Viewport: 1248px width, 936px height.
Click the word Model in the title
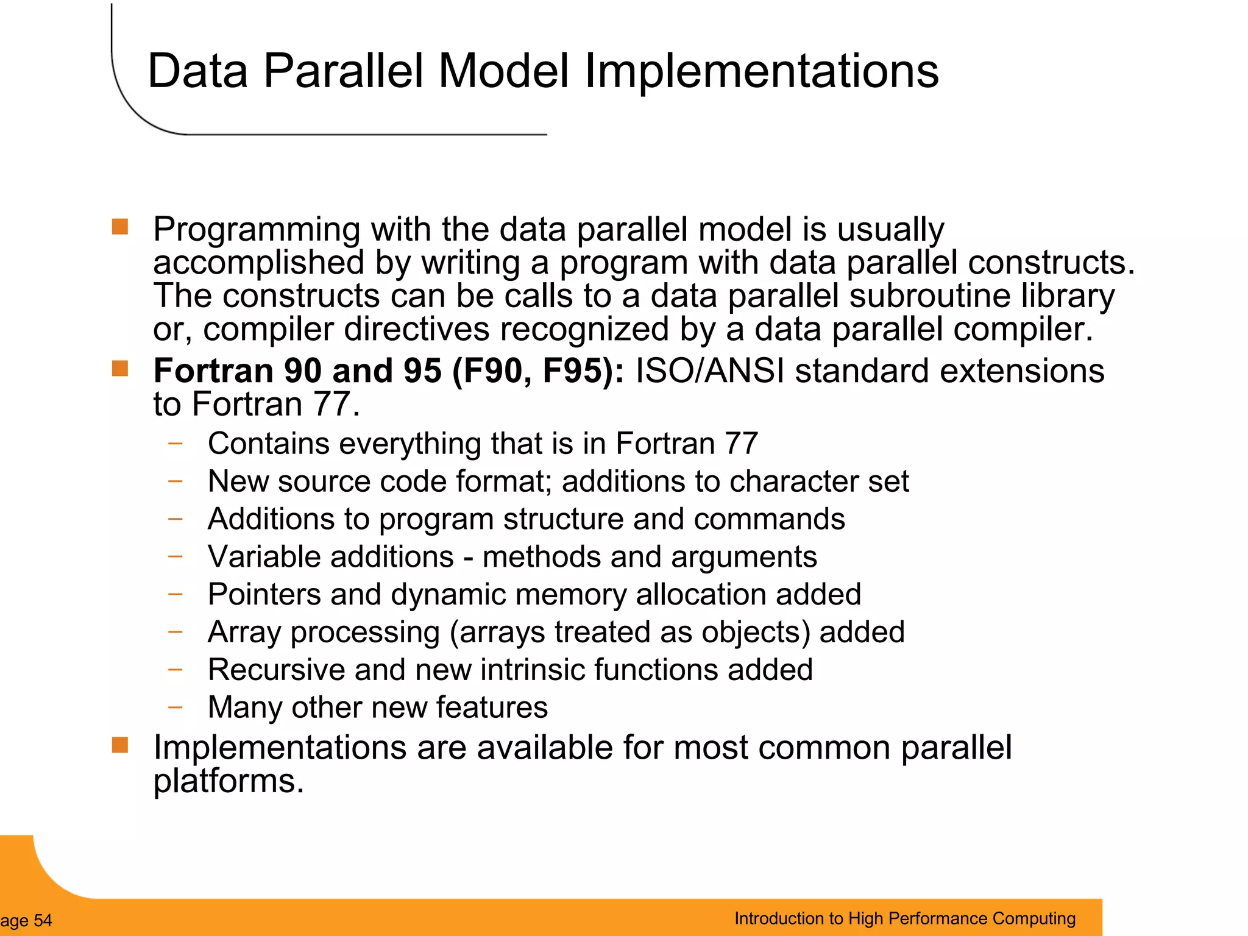[x=503, y=71]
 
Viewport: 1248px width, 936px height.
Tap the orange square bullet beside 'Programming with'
[x=120, y=227]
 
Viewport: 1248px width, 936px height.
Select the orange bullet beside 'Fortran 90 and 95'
[x=120, y=369]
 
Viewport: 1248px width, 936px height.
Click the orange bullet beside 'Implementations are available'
[x=120, y=745]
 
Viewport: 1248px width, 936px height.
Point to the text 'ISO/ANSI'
[x=709, y=371]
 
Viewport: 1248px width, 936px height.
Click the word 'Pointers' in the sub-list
[x=264, y=595]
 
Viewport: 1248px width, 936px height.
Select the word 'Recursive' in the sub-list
[x=275, y=670]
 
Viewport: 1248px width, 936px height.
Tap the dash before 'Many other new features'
[x=175, y=707]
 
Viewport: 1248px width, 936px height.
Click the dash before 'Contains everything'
[x=175, y=443]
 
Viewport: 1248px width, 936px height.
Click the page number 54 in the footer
[x=43, y=921]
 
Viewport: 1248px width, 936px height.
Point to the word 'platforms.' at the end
[x=228, y=782]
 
